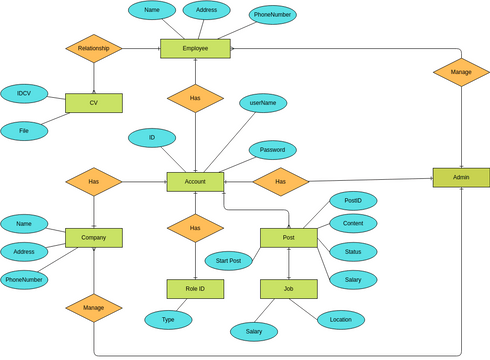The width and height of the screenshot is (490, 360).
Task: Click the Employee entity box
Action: click(195, 48)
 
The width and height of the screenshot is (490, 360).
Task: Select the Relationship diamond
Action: click(94, 48)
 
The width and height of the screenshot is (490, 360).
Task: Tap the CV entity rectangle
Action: click(94, 103)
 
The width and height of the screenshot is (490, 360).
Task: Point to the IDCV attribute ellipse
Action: click(24, 93)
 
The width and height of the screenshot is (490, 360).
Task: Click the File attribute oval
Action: click(24, 130)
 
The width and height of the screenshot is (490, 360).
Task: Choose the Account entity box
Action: click(195, 181)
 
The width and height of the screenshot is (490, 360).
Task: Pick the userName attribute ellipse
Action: click(264, 103)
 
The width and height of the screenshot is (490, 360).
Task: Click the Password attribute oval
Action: click(272, 150)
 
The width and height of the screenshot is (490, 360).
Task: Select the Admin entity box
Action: click(461, 177)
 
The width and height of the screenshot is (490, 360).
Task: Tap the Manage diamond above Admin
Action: click(461, 72)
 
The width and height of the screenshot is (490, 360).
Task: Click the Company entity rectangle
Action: click(94, 237)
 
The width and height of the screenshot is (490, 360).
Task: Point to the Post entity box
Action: click(288, 237)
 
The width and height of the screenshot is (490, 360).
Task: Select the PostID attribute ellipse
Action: click(353, 200)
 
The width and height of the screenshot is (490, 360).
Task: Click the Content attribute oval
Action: click(353, 223)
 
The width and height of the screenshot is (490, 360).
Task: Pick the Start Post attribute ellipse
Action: click(229, 261)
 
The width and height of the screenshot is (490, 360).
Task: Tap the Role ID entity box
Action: click(195, 289)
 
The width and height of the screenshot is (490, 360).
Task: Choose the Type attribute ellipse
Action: click(168, 319)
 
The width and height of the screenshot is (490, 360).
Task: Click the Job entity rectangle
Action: click(288, 289)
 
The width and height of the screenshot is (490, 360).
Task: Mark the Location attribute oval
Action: click(341, 319)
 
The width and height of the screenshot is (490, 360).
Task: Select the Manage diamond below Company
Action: click(94, 308)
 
